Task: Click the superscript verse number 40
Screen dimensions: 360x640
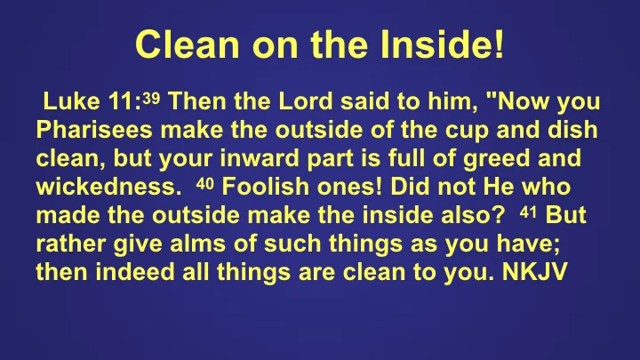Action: pos(204,183)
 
